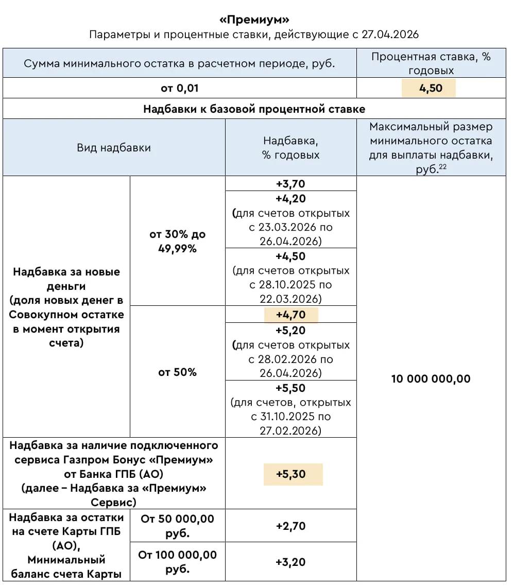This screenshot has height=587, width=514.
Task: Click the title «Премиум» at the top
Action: coord(254,20)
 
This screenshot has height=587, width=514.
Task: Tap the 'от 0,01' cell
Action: coord(179,88)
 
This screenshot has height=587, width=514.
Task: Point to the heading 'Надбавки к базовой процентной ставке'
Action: coord(254,109)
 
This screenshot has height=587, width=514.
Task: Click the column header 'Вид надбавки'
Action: coord(114,148)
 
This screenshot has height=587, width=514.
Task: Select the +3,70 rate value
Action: coord(291,184)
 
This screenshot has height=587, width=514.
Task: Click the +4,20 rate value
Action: coord(291,199)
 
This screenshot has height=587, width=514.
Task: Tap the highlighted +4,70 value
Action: coord(291,315)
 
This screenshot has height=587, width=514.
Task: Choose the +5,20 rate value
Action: coord(291,331)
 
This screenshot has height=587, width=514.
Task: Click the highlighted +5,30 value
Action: coord(292,474)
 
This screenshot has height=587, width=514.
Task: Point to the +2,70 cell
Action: coord(291,526)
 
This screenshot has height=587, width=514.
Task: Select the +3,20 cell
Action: coord(291,562)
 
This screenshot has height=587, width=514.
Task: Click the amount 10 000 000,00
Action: coord(431,379)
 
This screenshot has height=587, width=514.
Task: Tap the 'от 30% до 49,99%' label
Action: coord(178,241)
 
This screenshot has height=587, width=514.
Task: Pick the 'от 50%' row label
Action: coord(178,372)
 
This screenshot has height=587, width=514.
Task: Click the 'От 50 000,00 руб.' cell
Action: coord(178,526)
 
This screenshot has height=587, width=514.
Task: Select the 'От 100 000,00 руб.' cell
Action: coord(178,562)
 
